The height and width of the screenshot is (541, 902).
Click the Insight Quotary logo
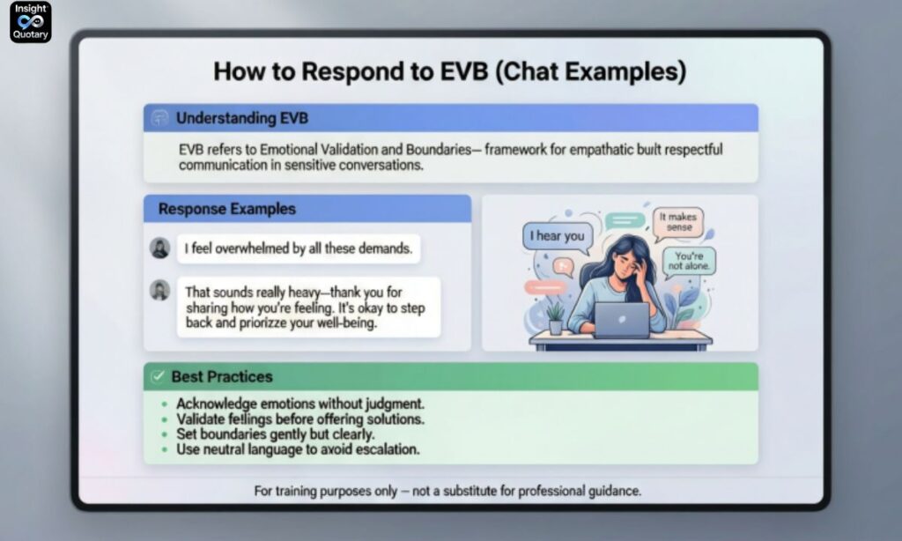click(30, 23)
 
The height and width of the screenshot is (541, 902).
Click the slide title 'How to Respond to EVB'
click(449, 70)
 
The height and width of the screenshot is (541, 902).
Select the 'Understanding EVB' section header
click(241, 118)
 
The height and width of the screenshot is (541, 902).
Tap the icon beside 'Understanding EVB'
click(159, 118)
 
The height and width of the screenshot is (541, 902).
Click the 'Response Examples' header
click(226, 210)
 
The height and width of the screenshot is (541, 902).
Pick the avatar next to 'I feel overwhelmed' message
click(159, 248)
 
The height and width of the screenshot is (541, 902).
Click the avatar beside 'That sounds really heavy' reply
click(159, 290)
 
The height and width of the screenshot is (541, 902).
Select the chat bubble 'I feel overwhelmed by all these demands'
click(298, 249)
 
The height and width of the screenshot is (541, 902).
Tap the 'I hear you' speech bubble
click(556, 236)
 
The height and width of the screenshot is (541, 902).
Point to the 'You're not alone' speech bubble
click(688, 262)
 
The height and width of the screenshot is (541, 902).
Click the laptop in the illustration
click(620, 320)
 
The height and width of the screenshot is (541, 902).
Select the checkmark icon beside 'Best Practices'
click(158, 376)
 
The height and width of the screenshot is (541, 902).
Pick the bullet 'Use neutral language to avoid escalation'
click(298, 449)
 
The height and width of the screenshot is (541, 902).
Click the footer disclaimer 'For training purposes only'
click(447, 491)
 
